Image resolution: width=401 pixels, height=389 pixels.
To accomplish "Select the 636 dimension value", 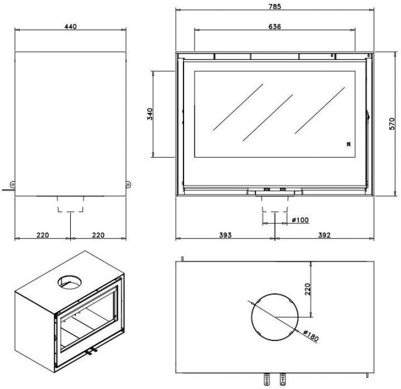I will pyautogui.click(x=275, y=26).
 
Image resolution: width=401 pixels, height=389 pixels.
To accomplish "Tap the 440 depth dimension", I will pyautogui.click(x=71, y=26).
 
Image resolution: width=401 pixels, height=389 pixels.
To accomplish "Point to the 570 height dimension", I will pyautogui.click(x=392, y=124).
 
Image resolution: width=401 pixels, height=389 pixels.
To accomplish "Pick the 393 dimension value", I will pyautogui.click(x=225, y=235).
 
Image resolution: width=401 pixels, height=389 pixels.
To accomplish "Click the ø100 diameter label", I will pyautogui.click(x=300, y=219).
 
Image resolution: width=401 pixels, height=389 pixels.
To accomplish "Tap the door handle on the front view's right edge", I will pyautogui.click(x=369, y=117).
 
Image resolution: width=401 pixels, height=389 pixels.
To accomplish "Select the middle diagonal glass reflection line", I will pyautogui.click(x=268, y=118).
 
